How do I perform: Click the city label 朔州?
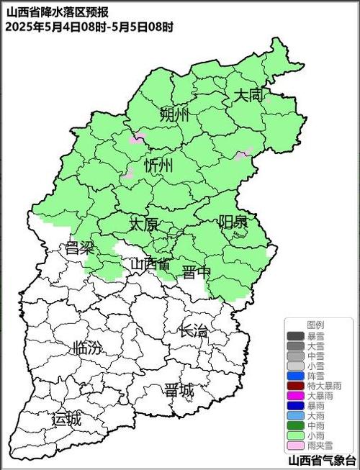[x=174, y=114]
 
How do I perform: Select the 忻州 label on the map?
[x=159, y=166]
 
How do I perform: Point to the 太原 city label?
[x=143, y=224]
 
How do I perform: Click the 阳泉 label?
[x=233, y=222]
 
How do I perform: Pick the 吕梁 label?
[x=80, y=248]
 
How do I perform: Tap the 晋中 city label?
[x=196, y=271]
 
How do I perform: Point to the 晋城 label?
[x=179, y=390]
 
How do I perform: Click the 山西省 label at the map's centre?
[x=150, y=264]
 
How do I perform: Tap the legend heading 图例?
[x=315, y=325]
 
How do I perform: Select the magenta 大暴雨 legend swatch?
[x=295, y=396]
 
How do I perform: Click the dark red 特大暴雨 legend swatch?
[x=295, y=386]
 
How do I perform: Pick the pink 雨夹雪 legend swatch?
[x=295, y=446]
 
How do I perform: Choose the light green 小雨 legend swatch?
[x=295, y=436]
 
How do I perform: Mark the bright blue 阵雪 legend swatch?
[x=295, y=376]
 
